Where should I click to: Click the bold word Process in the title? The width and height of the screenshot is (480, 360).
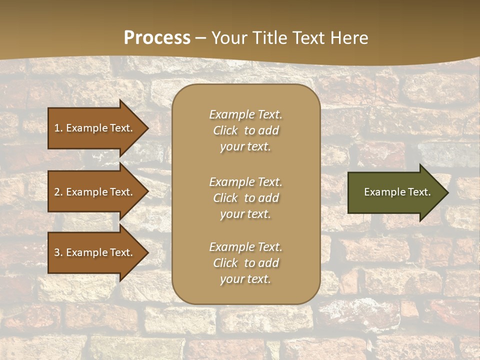pyautogui.click(x=157, y=38)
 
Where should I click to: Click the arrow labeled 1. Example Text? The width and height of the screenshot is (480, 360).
pyautogui.click(x=95, y=128)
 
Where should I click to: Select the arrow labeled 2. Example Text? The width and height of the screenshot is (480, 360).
pyautogui.click(x=95, y=192)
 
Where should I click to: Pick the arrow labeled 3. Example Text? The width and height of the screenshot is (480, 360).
pyautogui.click(x=95, y=252)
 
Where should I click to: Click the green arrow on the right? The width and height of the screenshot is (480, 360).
pyautogui.click(x=395, y=192)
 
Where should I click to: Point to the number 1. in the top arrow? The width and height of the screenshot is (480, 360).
pyautogui.click(x=58, y=128)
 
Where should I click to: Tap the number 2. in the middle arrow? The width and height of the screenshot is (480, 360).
pyautogui.click(x=58, y=192)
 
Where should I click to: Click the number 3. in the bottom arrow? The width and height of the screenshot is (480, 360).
pyautogui.click(x=58, y=252)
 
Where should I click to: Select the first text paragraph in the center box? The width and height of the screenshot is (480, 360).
pyautogui.click(x=246, y=130)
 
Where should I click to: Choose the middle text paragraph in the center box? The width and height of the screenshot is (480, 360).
pyautogui.click(x=246, y=198)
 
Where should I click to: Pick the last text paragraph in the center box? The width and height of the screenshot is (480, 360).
pyautogui.click(x=246, y=263)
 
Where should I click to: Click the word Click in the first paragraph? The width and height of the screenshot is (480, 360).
pyautogui.click(x=225, y=130)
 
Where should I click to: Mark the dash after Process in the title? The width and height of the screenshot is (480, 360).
pyautogui.click(x=201, y=38)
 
